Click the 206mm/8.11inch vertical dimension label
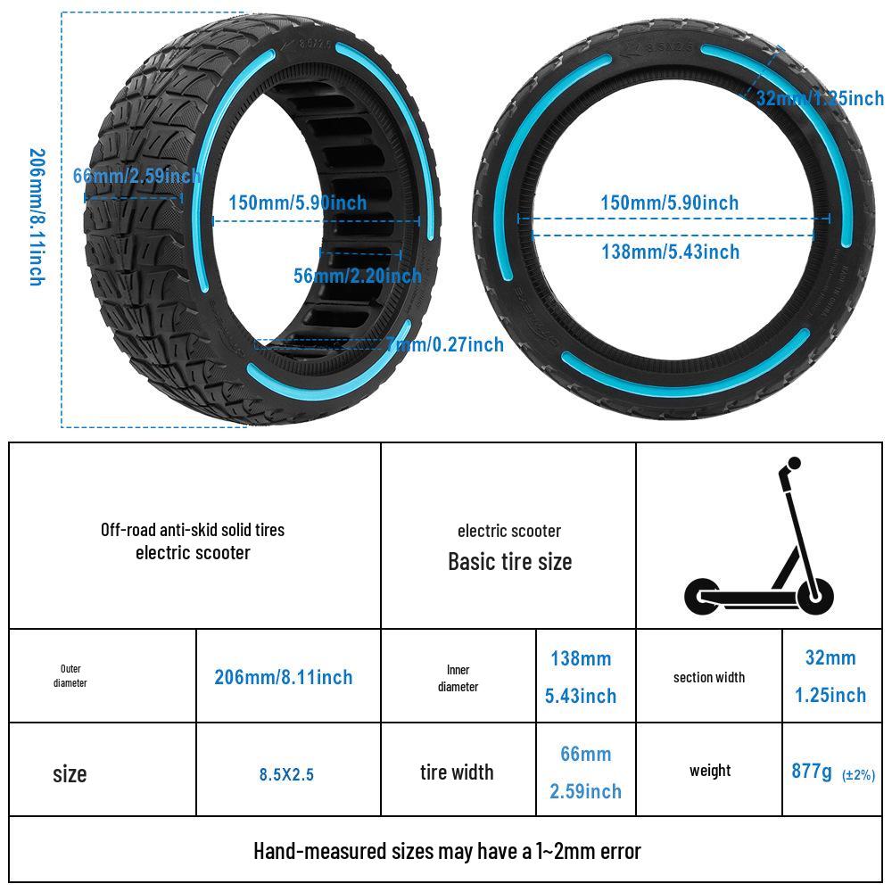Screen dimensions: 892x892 point(36,217)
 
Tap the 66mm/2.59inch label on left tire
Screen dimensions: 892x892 point(136,176)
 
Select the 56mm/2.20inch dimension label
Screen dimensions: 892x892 point(357,276)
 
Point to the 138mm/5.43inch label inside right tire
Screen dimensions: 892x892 point(670,252)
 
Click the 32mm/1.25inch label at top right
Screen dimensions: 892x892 point(819,98)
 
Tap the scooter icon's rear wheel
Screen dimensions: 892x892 point(703,596)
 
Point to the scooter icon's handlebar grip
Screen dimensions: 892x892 point(791,466)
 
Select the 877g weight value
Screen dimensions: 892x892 point(812,771)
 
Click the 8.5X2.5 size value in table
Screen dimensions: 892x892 point(286,774)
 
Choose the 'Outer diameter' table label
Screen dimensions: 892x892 point(70,676)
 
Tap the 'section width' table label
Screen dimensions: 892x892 point(708,677)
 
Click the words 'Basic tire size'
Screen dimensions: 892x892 point(509,562)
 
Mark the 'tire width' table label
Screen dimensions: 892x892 point(457,772)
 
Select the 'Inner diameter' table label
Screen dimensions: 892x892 point(458,678)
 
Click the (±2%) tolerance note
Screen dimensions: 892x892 point(858,774)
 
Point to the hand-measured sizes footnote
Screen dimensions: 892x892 point(446,851)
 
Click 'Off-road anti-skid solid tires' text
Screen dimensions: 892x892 point(193,529)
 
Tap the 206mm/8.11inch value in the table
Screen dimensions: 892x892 point(283,677)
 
